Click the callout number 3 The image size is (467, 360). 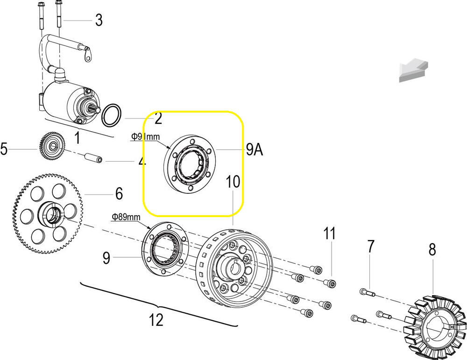pos(99,20)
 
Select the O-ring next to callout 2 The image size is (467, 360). pos(112,115)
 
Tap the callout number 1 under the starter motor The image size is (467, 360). pos(77,138)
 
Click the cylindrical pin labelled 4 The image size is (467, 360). pos(93,158)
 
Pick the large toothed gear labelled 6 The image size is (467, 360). pos(48,214)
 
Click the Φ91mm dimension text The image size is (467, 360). pos(146,137)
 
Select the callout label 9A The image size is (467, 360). pos(255,150)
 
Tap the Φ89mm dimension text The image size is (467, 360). pos(126,217)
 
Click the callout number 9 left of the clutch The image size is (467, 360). pos(106,258)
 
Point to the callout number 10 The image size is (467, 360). pos(233,181)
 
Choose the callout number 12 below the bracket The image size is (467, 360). pos(156,320)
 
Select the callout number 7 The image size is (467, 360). pos(370,246)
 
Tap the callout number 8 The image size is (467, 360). pos(432,249)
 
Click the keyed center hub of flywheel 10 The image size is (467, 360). pos(232,267)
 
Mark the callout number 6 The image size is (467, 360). pos(119,194)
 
